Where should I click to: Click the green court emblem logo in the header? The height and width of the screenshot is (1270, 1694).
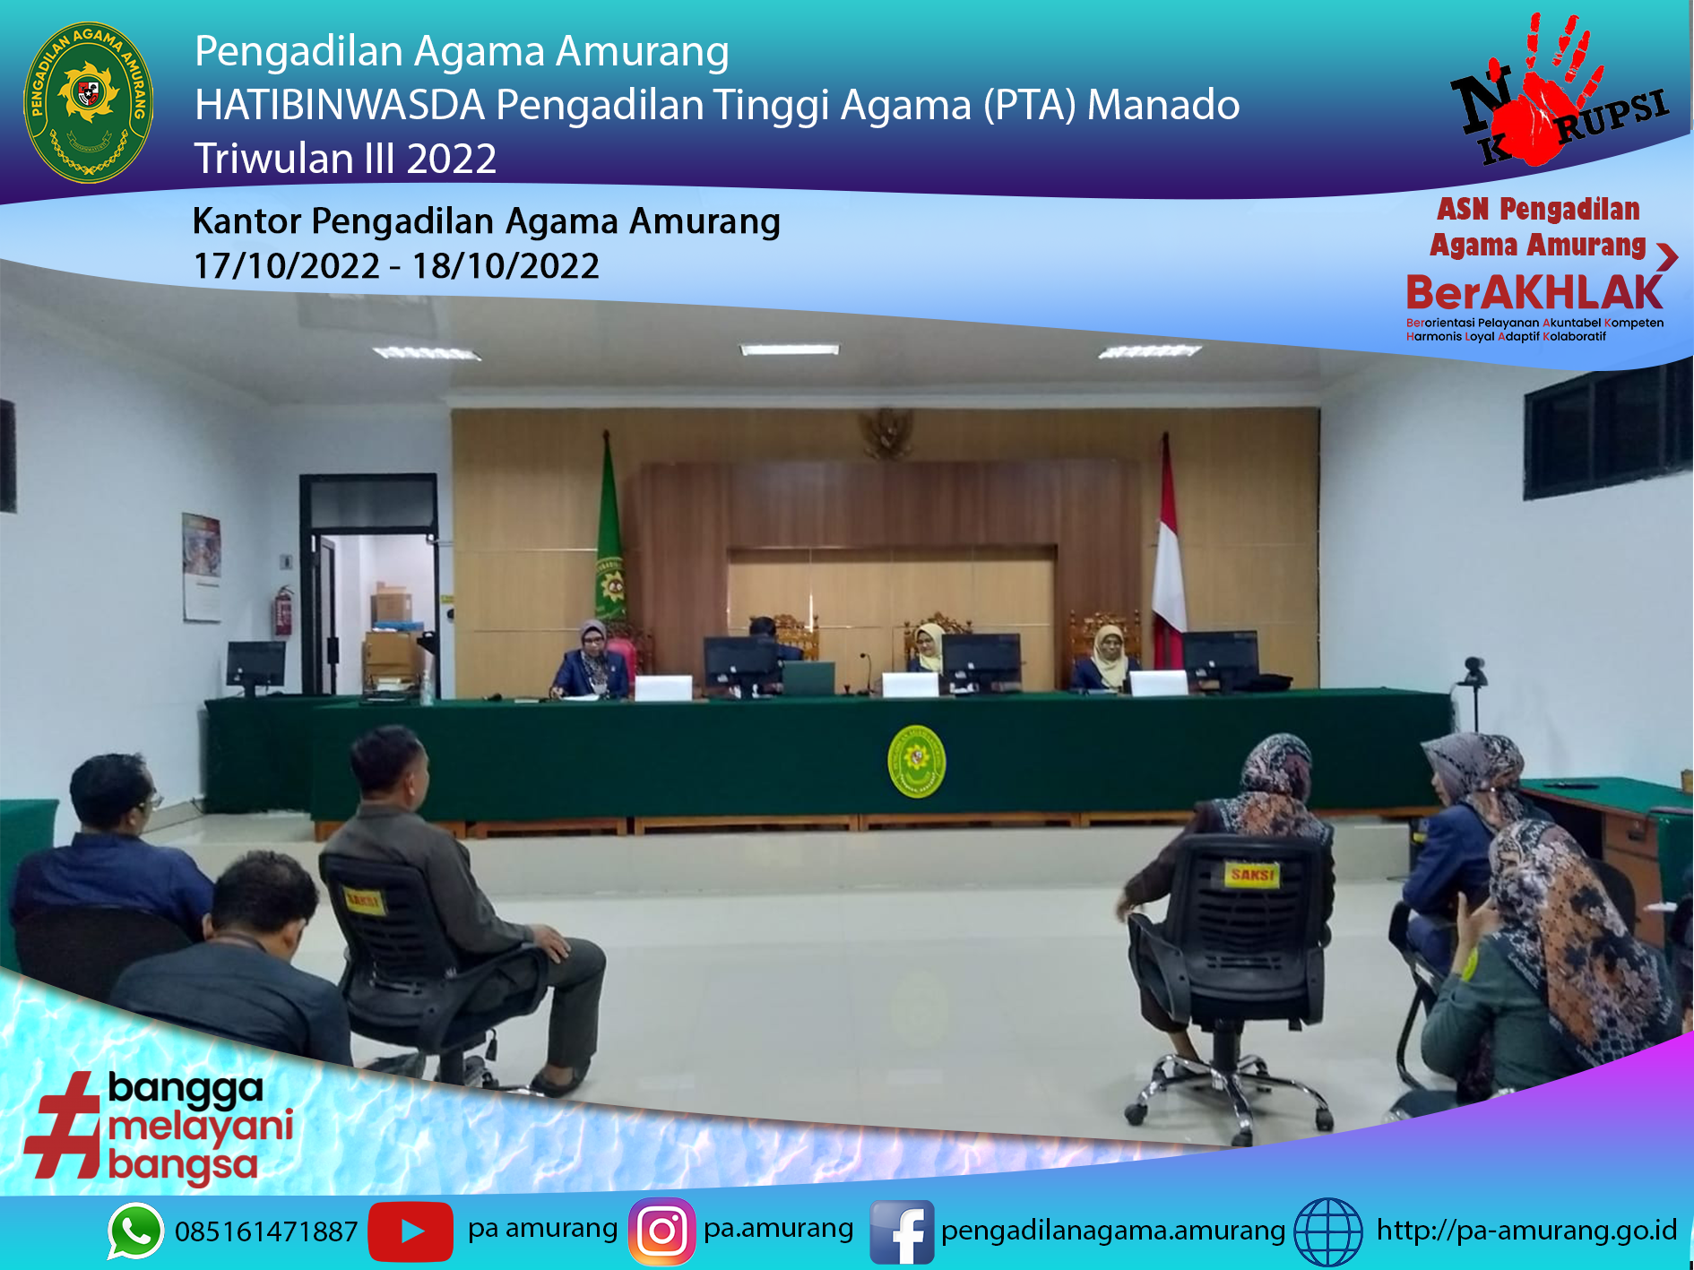88,101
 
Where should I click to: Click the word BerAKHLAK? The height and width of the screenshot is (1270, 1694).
1534,293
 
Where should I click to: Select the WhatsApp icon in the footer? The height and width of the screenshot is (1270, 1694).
135,1231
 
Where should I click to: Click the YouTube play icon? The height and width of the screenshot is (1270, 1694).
411,1231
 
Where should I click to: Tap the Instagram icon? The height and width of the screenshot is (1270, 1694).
662,1231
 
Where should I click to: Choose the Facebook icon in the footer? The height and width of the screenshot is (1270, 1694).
902,1232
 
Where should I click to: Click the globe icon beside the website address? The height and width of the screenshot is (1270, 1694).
1328,1232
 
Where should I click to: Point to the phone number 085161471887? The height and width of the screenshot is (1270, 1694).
266,1232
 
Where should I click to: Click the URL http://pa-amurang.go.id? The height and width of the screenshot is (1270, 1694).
1526,1230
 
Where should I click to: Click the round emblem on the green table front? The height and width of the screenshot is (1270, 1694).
916,761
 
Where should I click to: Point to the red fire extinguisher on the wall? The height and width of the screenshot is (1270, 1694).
284,610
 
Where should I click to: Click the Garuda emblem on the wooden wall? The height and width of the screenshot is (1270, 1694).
886,433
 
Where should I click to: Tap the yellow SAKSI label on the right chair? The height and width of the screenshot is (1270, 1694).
1252,874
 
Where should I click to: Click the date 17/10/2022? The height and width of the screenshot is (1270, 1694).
287,266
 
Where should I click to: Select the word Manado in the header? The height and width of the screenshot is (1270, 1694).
1163,105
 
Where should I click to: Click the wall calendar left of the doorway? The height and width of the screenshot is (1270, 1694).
202,567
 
